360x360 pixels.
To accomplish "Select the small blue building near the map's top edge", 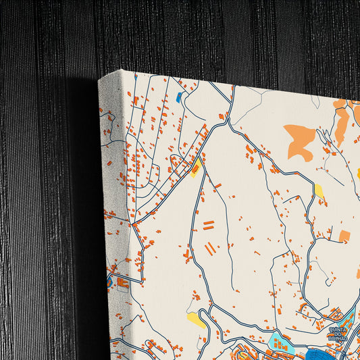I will (x=179, y=97).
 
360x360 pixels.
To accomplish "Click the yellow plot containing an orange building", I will (x=195, y=167).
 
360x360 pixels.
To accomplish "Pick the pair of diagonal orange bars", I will (x=211, y=249).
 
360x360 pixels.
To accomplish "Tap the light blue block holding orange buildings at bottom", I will (x=278, y=342).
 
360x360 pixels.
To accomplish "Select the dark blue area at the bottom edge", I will (x=317, y=355).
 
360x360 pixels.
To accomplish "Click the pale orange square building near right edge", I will (x=344, y=236).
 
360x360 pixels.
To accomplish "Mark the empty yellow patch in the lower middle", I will (x=196, y=319).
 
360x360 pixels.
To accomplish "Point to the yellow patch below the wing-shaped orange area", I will (x=319, y=190).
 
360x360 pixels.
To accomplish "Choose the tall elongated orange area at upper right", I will (x=342, y=125).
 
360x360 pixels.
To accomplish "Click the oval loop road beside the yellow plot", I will (x=181, y=162).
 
